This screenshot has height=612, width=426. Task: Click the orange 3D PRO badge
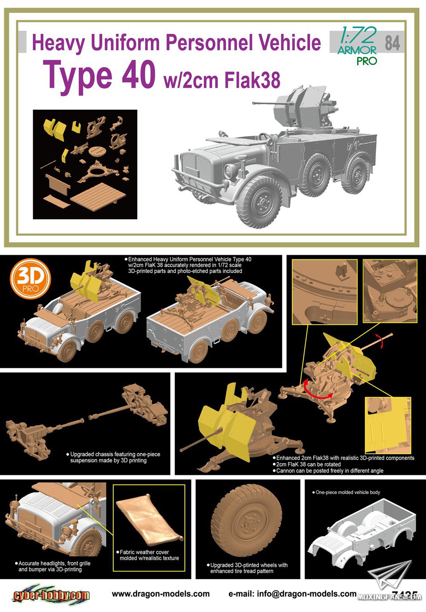tap(30, 278)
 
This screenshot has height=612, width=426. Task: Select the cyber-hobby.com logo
tap(51, 595)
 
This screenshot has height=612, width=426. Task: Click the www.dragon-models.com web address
tap(161, 593)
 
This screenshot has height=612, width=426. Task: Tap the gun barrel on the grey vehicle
tap(265, 103)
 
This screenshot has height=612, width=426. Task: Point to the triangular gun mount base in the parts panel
tap(98, 171)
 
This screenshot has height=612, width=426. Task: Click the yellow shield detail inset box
tap(388, 425)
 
